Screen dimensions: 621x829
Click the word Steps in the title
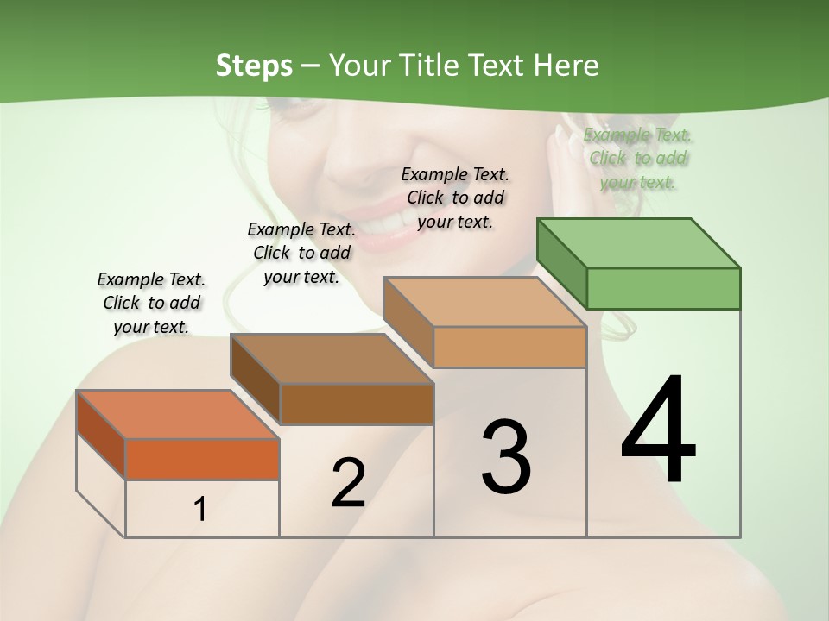pyautogui.click(x=254, y=66)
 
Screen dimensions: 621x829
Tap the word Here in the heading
pyautogui.click(x=566, y=66)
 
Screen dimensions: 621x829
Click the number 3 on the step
pyautogui.click(x=506, y=456)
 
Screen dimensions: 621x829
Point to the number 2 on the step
pyautogui.click(x=348, y=483)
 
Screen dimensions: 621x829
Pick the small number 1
pyautogui.click(x=199, y=510)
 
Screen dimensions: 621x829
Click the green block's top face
pyautogui.click(x=639, y=243)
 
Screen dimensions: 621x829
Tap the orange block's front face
pyautogui.click(x=202, y=459)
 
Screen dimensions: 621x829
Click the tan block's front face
pyautogui.click(x=509, y=347)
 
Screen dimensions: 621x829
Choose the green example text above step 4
pyautogui.click(x=638, y=158)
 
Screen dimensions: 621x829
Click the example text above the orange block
pyautogui.click(x=151, y=303)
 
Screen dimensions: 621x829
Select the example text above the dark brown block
pyautogui.click(x=301, y=253)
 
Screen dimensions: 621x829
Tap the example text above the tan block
pyautogui.click(x=455, y=198)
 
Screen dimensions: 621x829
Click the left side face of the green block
pyautogui.click(x=562, y=263)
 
